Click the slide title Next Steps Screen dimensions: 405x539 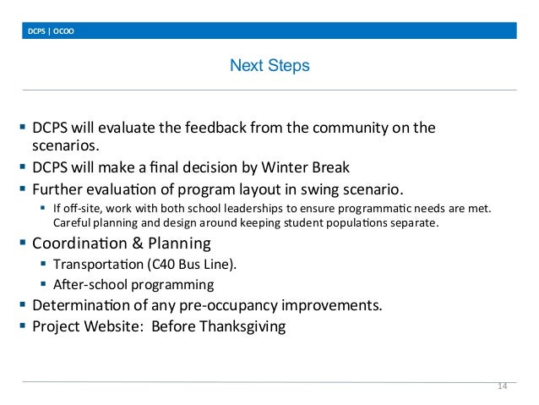click(269, 64)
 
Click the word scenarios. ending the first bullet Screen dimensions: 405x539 click(60, 146)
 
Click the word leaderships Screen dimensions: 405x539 click(255, 207)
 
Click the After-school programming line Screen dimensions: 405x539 click(133, 284)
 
